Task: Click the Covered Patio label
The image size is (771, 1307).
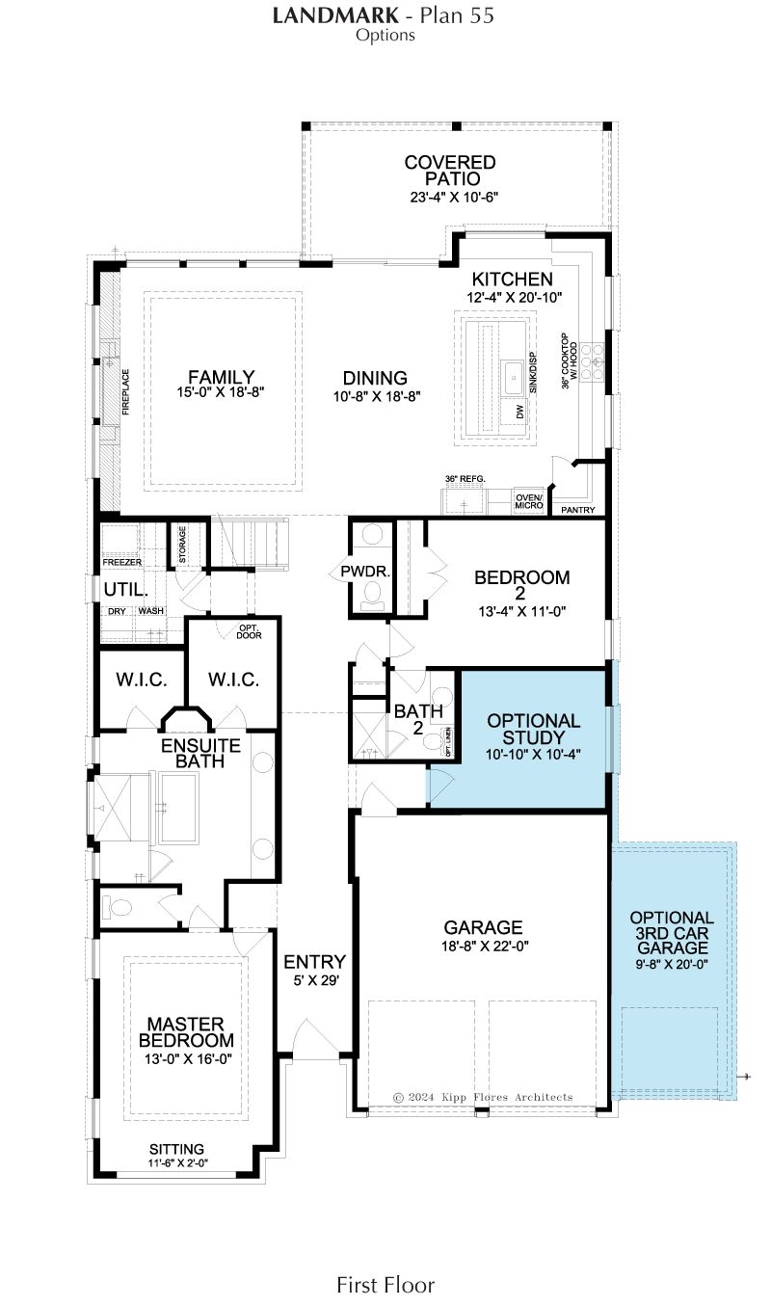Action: click(x=450, y=171)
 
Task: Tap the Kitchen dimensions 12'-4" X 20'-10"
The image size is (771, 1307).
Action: click(x=514, y=297)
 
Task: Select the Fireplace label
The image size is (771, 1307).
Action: click(x=125, y=391)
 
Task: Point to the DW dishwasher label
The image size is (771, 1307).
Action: click(x=520, y=412)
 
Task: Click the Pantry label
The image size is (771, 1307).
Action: click(x=578, y=510)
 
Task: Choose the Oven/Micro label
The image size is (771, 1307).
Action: click(x=529, y=501)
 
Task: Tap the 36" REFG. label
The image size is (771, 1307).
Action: click(x=465, y=479)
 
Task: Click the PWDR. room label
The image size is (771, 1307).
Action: click(x=365, y=572)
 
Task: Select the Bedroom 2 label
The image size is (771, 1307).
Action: click(x=521, y=585)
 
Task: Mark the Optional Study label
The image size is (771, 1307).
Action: click(x=533, y=729)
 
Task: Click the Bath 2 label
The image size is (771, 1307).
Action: click(x=418, y=719)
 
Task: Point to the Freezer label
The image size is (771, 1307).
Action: click(x=121, y=562)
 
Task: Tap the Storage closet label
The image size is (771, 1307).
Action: click(x=182, y=545)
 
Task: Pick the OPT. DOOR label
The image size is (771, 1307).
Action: click(x=249, y=631)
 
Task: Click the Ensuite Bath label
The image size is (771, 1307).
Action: click(x=200, y=754)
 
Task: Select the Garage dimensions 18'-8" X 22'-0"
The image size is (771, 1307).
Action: click(x=485, y=946)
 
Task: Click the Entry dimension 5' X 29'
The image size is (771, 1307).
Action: click(x=315, y=980)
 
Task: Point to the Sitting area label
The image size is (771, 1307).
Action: click(x=176, y=1149)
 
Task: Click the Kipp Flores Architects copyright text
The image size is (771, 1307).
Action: click(x=483, y=1097)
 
